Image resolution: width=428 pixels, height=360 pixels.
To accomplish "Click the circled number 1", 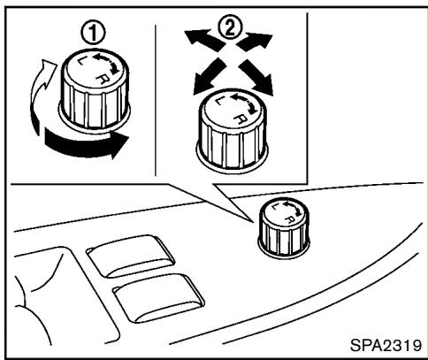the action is click(93, 34).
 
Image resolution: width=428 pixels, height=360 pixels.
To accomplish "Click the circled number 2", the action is click(230, 27).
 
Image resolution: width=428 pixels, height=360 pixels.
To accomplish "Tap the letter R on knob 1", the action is click(102, 79).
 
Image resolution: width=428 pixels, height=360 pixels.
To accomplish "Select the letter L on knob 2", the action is click(219, 100).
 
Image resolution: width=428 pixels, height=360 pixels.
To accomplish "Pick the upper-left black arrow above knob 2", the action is click(204, 39).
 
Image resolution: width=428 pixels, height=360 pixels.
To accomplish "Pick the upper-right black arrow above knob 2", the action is click(255, 42).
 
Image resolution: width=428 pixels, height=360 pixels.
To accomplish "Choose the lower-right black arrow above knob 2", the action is click(256, 77).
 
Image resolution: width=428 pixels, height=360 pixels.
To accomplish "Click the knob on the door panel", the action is click(284, 228).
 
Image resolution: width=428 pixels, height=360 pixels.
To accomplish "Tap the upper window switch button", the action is click(131, 256).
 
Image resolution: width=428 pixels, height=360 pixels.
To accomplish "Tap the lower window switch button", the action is click(159, 297).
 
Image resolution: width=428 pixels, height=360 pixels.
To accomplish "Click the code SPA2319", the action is click(386, 345).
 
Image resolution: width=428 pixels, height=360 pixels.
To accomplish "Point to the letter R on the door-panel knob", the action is click(290, 218).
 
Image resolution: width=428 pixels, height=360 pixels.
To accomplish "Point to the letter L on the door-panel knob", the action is click(275, 207).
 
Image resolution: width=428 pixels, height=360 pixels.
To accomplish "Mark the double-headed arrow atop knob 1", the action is click(107, 63).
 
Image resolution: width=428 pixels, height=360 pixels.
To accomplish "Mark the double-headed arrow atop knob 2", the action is click(245, 103).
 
